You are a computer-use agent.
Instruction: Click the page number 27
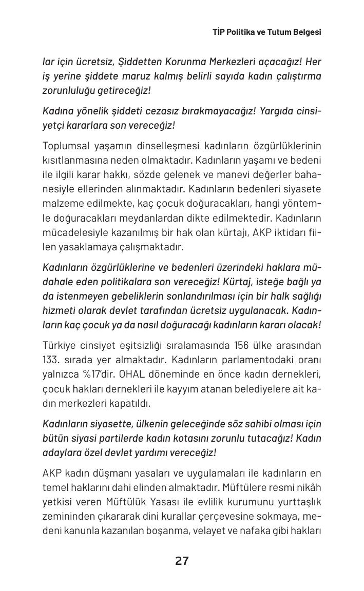[182, 561]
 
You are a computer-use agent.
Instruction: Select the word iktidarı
[290, 232]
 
